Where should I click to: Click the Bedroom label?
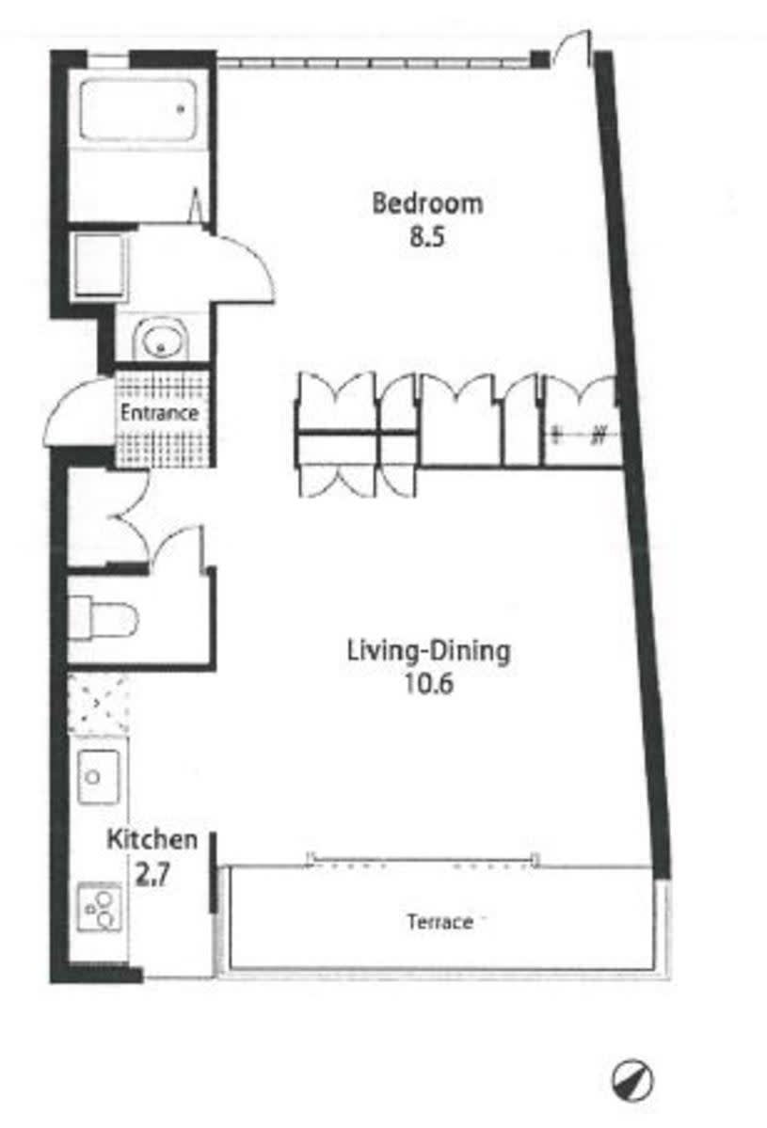click(x=427, y=203)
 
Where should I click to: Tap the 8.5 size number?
click(x=427, y=237)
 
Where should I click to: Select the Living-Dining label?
click(x=429, y=651)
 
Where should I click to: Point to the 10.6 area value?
click(x=429, y=683)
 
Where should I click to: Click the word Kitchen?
click(x=152, y=839)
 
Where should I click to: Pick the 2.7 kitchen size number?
click(x=152, y=874)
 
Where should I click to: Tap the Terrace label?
click(x=439, y=922)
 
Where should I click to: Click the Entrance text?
click(x=159, y=413)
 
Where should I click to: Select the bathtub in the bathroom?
click(x=138, y=109)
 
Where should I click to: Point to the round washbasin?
click(x=160, y=341)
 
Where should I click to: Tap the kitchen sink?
click(x=99, y=776)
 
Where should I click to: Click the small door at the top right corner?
click(x=573, y=48)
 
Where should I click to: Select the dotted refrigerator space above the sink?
click(x=98, y=705)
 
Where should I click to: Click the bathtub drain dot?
click(x=181, y=109)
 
